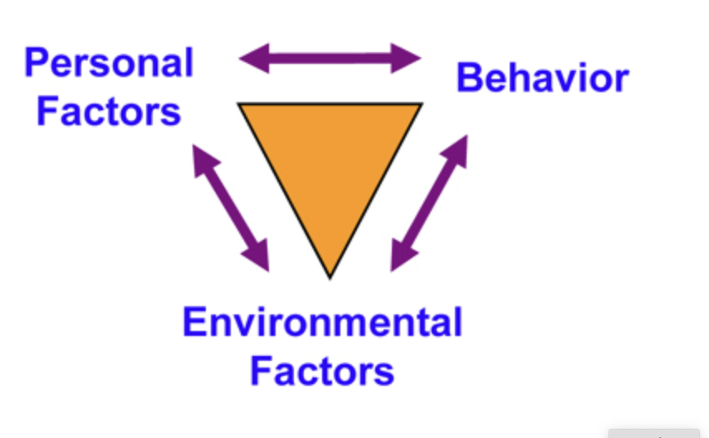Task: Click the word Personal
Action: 109,63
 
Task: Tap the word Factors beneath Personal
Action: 109,111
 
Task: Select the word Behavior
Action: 542,79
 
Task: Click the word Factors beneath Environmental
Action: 322,371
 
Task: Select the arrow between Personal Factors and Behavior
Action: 330,59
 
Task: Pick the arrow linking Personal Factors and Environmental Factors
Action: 231,207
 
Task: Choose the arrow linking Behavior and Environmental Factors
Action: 429,204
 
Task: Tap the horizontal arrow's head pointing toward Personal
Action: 252,59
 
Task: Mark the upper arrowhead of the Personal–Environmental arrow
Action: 202,156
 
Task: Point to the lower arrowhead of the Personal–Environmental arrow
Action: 259,258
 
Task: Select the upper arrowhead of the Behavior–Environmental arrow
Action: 457,149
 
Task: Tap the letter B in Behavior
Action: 470,79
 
